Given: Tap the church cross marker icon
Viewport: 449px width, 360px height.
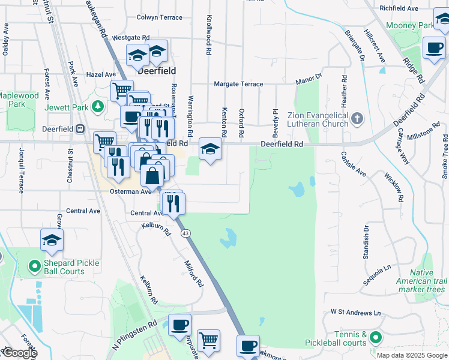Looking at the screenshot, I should (x=357, y=118).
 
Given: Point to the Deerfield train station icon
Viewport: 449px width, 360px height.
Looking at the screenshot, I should (x=80, y=128).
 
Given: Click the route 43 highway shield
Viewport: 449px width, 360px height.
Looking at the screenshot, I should (x=186, y=233).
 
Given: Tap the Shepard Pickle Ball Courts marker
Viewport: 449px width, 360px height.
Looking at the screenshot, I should (x=35, y=264).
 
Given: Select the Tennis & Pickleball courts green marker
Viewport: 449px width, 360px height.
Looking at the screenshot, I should (x=376, y=338).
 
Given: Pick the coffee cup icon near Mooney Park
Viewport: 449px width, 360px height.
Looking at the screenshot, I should (x=433, y=47).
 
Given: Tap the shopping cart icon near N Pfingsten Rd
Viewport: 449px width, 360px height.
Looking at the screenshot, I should (x=208, y=340).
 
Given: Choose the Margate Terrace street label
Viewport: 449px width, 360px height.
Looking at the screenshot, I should (x=239, y=84).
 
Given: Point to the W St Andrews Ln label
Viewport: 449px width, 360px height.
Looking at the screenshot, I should (x=356, y=313).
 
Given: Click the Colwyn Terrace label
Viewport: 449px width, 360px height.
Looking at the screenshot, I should (x=159, y=17).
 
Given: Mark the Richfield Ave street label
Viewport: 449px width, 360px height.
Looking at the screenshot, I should (x=399, y=8).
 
